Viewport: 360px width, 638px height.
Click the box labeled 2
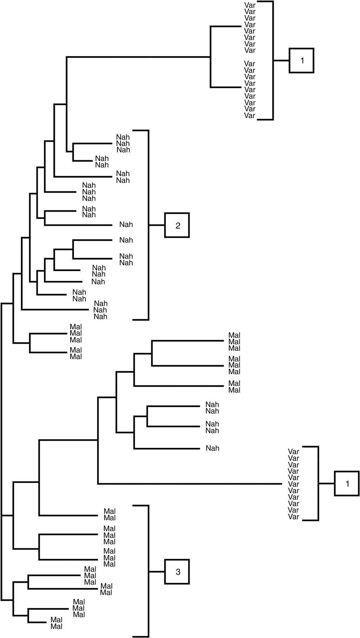(177, 225)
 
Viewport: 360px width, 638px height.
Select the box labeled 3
(177, 572)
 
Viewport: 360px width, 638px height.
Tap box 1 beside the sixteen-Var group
(302, 60)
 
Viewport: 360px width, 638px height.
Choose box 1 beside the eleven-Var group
(347, 484)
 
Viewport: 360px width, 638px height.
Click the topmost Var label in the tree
(250, 5)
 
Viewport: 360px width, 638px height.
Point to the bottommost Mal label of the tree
(56, 626)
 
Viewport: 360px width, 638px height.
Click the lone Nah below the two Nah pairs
(212, 448)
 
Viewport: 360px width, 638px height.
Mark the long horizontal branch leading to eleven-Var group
(190, 484)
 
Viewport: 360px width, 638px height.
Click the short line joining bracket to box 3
(157, 572)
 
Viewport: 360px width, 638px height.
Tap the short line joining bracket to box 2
(157, 225)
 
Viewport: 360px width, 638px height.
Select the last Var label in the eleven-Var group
(294, 517)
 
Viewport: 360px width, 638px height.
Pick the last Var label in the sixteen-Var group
(250, 116)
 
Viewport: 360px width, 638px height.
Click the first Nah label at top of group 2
(123, 137)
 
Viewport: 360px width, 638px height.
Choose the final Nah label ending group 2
(100, 317)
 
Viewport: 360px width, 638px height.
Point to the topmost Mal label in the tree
(76, 327)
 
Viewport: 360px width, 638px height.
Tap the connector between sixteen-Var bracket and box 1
(281, 60)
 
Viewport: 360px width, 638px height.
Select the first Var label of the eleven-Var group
(294, 452)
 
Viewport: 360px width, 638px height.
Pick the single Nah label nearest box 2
(126, 224)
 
